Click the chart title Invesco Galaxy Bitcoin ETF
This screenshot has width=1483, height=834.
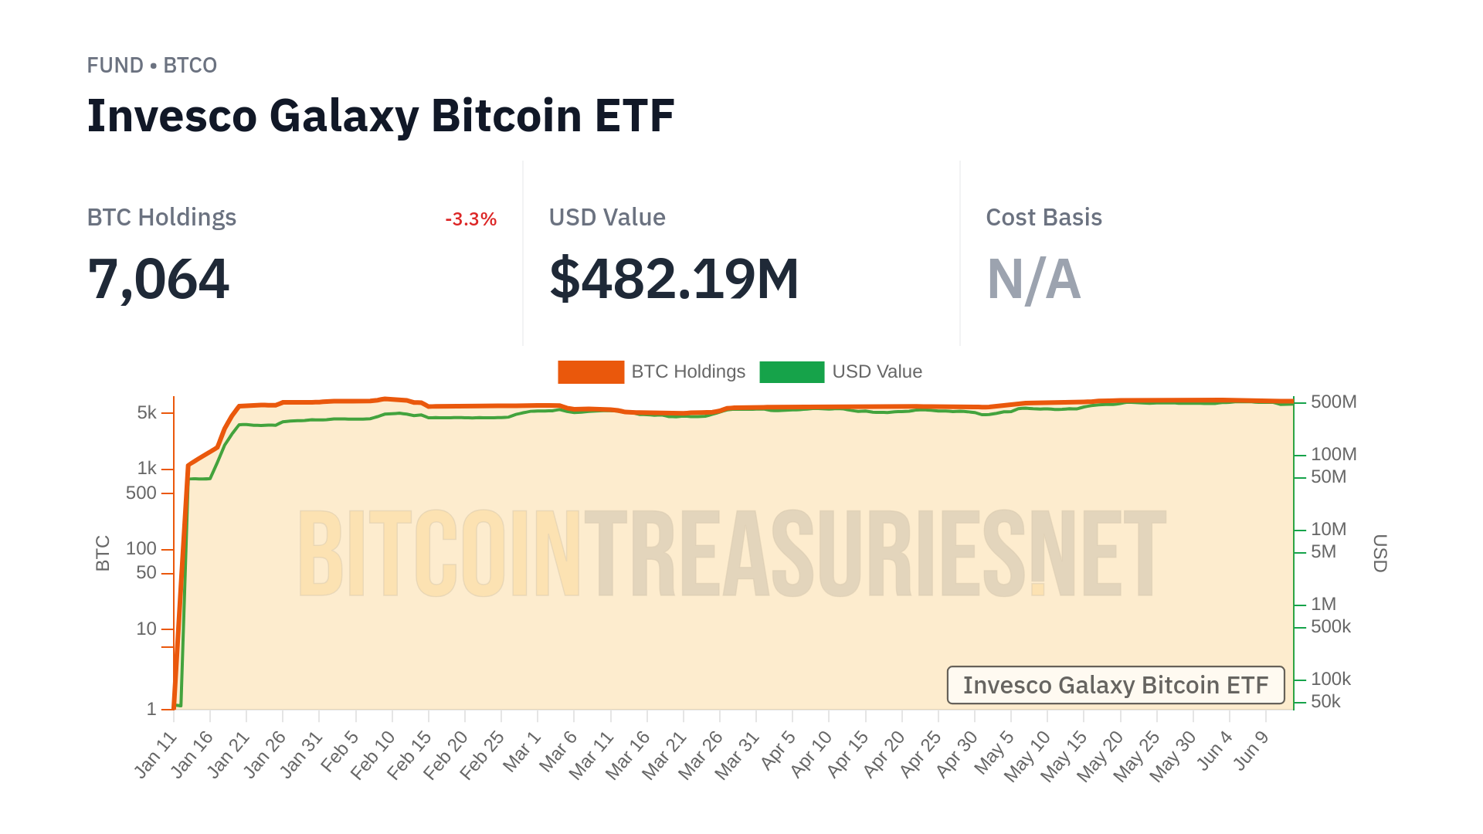(x=380, y=116)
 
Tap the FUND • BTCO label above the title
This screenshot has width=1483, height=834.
(x=151, y=66)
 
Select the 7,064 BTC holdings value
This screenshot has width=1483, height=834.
(x=158, y=279)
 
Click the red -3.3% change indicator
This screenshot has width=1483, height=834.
(x=470, y=219)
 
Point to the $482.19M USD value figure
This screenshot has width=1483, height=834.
(x=674, y=279)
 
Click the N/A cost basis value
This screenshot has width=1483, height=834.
(x=1033, y=279)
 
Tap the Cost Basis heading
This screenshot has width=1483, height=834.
(x=1044, y=218)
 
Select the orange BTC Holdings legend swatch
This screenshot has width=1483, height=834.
(x=591, y=372)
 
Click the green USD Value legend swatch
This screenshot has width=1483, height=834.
(x=792, y=372)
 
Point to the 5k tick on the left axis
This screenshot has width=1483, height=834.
(x=147, y=412)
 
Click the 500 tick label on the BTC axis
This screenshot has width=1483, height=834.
(x=141, y=493)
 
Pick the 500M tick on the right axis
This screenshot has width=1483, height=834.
(x=1333, y=402)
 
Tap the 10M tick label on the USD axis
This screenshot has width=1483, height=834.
(x=1328, y=529)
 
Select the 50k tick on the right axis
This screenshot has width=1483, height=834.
(x=1325, y=701)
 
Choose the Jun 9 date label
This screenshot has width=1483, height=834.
(x=1252, y=750)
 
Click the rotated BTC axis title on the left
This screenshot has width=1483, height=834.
(x=103, y=553)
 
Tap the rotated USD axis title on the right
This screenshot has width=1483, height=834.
(x=1379, y=553)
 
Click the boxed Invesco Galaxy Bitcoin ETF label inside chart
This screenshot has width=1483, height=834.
(x=1115, y=685)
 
